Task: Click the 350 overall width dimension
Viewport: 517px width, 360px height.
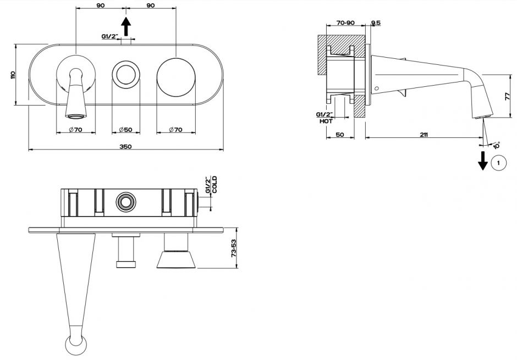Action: (127, 153)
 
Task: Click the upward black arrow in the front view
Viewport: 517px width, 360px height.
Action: (126, 25)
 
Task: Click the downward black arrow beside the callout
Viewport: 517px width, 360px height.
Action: (482, 160)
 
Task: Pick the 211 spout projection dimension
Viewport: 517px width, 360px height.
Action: (424, 134)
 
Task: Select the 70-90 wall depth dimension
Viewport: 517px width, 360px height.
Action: (345, 23)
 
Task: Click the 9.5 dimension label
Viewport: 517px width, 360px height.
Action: (376, 23)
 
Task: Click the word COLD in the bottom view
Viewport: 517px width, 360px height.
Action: (215, 186)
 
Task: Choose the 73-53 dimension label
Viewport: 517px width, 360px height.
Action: (234, 248)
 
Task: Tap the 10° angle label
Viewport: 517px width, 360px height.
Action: (497, 145)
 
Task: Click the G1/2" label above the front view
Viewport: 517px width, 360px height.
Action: (110, 36)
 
